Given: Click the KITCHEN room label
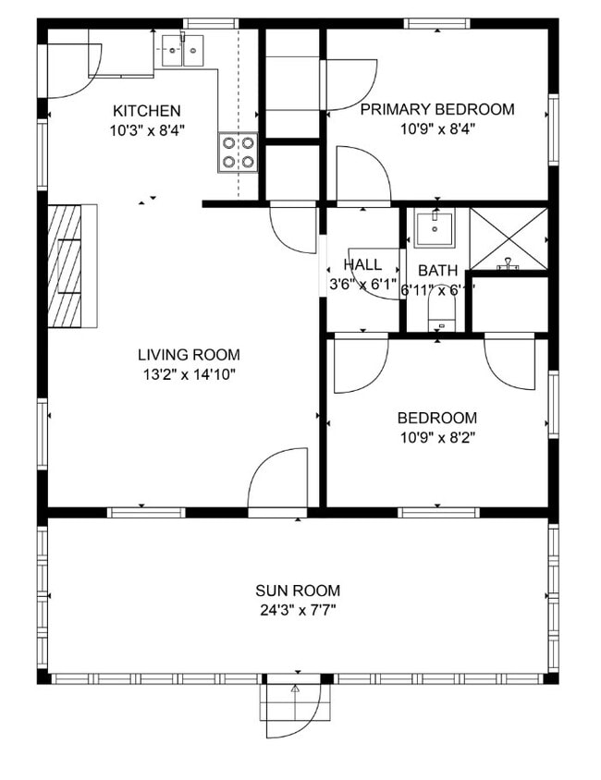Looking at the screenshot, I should (146, 111).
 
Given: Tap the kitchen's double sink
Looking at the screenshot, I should (182, 50).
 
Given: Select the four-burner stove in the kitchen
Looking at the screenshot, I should (238, 152).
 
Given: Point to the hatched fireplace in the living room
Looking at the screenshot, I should (72, 266).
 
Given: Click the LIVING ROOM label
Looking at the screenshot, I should (189, 355).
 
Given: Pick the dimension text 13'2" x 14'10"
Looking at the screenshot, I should (189, 374).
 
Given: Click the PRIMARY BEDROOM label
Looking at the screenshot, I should (436, 110).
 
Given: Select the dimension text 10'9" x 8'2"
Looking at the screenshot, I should (436, 437).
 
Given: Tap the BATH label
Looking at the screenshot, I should (437, 272).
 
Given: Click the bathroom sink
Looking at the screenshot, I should (435, 228).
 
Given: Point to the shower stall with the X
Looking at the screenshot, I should (508, 238).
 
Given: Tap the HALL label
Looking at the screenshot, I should (362, 265).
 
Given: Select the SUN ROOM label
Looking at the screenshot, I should (298, 591).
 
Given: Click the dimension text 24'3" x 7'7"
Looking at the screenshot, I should (298, 610).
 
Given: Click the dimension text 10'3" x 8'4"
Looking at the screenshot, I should (146, 130).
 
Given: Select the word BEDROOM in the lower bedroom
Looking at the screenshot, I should (436, 418).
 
